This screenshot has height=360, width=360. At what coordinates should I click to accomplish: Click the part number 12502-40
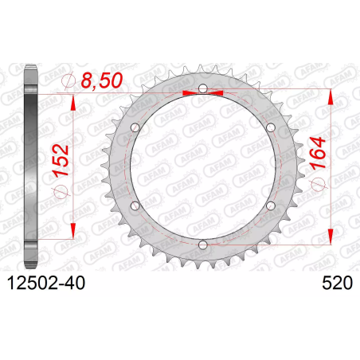[x=46, y=283]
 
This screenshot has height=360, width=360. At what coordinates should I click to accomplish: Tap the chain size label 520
[x=337, y=283]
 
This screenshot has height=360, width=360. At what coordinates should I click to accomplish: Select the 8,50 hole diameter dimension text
[x=102, y=80]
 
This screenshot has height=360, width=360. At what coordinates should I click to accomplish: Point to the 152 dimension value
[x=61, y=160]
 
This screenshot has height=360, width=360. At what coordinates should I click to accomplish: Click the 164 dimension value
[x=318, y=153]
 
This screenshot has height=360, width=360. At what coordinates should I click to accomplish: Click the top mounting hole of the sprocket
[x=203, y=88]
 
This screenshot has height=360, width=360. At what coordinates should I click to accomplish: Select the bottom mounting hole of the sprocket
[x=203, y=245]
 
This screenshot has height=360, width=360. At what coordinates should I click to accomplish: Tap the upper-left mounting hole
[x=135, y=127]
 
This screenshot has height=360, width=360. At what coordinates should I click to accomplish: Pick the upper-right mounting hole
[x=271, y=127]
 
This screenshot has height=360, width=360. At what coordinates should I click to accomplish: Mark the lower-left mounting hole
[x=135, y=205]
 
